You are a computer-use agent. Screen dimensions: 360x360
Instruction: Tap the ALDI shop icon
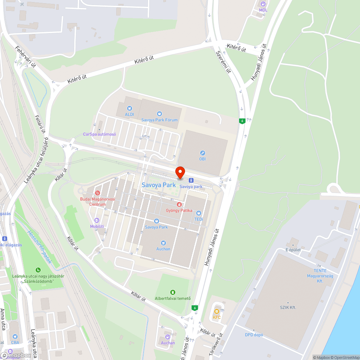pos(129,108)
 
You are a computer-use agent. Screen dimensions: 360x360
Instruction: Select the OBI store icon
pos(203,153)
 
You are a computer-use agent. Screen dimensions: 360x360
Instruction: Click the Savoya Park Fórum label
pos(159,120)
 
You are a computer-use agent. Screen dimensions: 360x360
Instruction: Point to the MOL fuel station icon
pos(264,4)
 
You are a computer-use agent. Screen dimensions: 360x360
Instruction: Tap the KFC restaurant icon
pos(216,311)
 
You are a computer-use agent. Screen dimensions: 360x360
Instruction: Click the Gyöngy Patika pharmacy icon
pos(179,204)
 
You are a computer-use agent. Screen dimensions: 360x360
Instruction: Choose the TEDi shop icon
pos(199,213)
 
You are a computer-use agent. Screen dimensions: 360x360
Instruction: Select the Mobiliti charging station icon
pos(96,220)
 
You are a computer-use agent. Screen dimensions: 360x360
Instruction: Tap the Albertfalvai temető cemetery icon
pos(172,292)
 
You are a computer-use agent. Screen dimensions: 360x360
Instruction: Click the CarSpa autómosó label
pos(99,134)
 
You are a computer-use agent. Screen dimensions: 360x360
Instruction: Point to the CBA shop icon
pos(15,337)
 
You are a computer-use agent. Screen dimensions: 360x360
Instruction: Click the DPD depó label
pos(254,335)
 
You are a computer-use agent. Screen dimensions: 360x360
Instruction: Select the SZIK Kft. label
pos(288,307)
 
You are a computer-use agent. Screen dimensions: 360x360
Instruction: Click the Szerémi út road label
pos(223,62)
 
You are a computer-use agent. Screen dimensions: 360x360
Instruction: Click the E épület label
pos(293,249)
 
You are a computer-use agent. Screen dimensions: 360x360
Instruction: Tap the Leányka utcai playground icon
pos(38,270)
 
